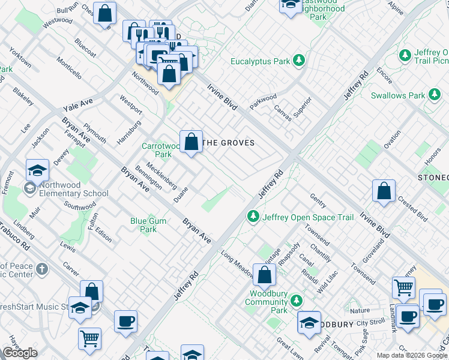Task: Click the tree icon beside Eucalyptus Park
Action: [x=299, y=61]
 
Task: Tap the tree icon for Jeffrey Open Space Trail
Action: [x=253, y=216]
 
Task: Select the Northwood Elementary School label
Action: [x=73, y=189]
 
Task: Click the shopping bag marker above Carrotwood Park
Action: [x=191, y=144]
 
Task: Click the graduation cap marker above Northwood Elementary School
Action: [x=37, y=171]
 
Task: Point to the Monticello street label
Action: [x=69, y=68]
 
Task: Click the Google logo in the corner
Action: [x=20, y=353]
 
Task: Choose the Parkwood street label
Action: [x=264, y=101]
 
